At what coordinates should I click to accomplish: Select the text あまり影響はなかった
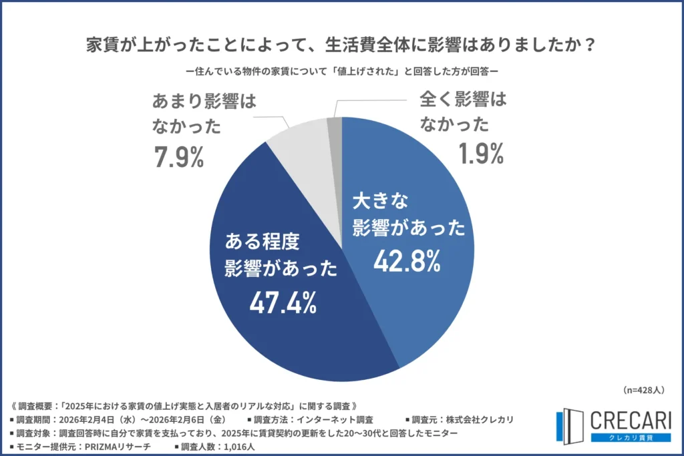click(x=194, y=115)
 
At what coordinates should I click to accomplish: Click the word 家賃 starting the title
click(x=102, y=47)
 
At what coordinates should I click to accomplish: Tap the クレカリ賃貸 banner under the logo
click(x=630, y=437)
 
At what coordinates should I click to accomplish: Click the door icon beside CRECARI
click(x=570, y=427)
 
